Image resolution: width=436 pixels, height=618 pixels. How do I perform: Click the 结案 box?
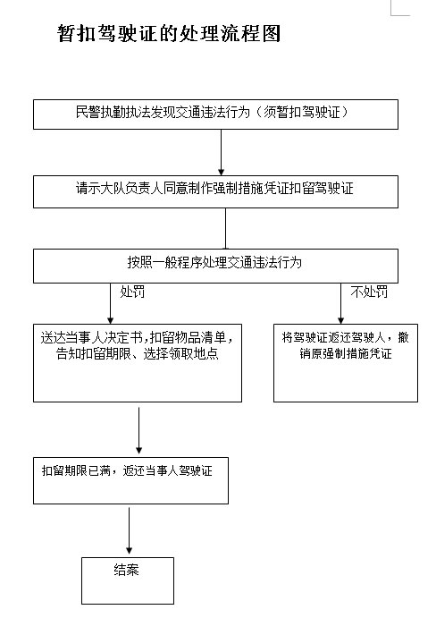(x=126, y=580)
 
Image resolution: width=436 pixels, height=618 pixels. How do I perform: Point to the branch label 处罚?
(x=131, y=292)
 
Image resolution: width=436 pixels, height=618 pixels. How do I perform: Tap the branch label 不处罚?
(x=369, y=292)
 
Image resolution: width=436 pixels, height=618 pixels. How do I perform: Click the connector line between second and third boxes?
(x=225, y=227)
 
